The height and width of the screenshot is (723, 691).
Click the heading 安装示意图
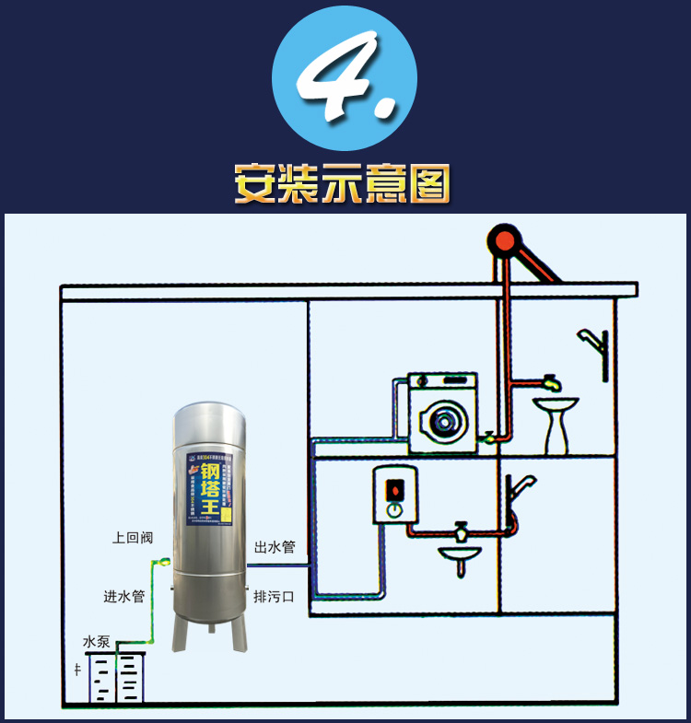[343, 183]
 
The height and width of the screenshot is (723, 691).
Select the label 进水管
[124, 596]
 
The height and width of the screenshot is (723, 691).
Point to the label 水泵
[97, 641]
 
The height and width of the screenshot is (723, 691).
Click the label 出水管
[275, 547]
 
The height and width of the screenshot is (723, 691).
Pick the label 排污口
[275, 597]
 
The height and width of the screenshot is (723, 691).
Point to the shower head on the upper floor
[590, 339]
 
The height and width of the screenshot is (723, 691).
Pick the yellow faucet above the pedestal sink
[551, 381]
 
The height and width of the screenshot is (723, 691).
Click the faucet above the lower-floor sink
[461, 531]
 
